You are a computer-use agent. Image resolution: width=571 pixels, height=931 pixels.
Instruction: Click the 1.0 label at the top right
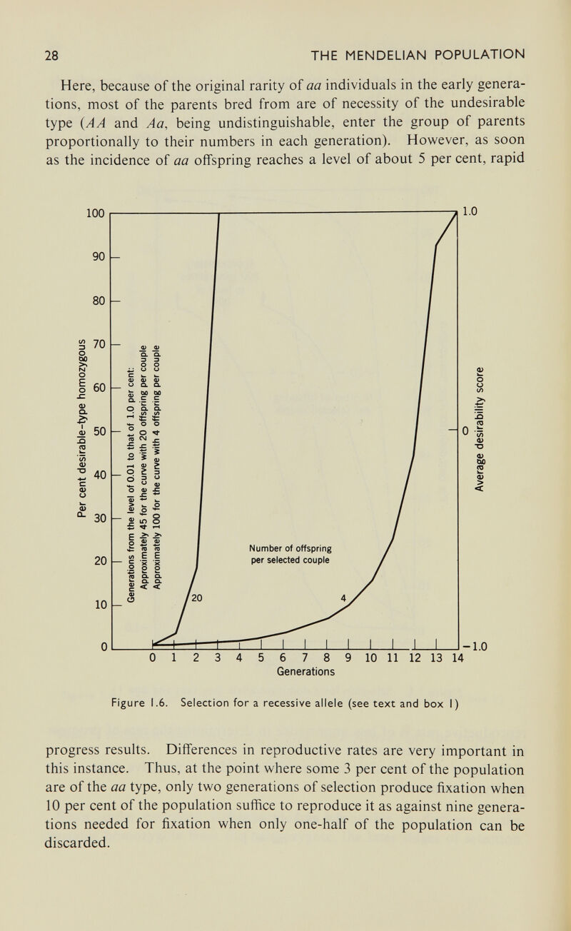coord(469,212)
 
